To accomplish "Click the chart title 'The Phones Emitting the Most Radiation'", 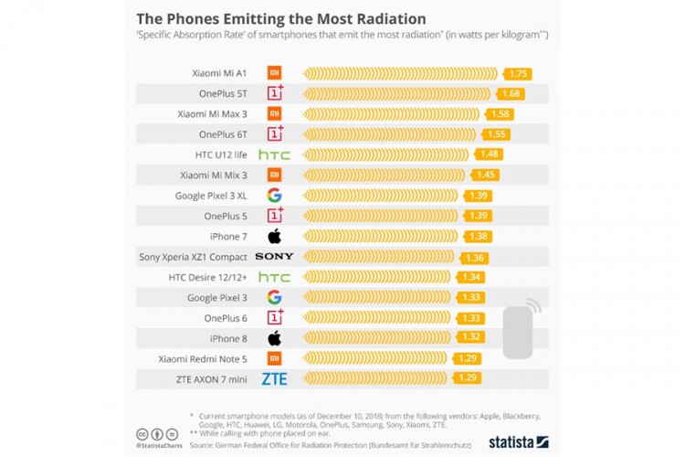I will tap(280, 18).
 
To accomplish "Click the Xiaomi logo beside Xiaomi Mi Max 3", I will tap(274, 113).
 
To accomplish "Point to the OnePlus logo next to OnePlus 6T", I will tap(274, 134).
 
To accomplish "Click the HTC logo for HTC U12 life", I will tap(274, 154).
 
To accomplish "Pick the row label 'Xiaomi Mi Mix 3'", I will tap(214, 175).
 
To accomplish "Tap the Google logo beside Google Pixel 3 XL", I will tap(274, 195).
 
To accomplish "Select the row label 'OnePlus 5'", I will tap(226, 216).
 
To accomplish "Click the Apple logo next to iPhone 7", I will tap(274, 236).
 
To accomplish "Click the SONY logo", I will tap(274, 257).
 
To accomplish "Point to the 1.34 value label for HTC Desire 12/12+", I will tap(472, 277).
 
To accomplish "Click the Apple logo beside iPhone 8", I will tap(274, 338).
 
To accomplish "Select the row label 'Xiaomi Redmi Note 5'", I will tap(203, 358).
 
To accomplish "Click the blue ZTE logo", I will tap(274, 378).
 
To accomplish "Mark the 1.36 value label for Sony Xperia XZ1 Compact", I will tap(475, 257).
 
